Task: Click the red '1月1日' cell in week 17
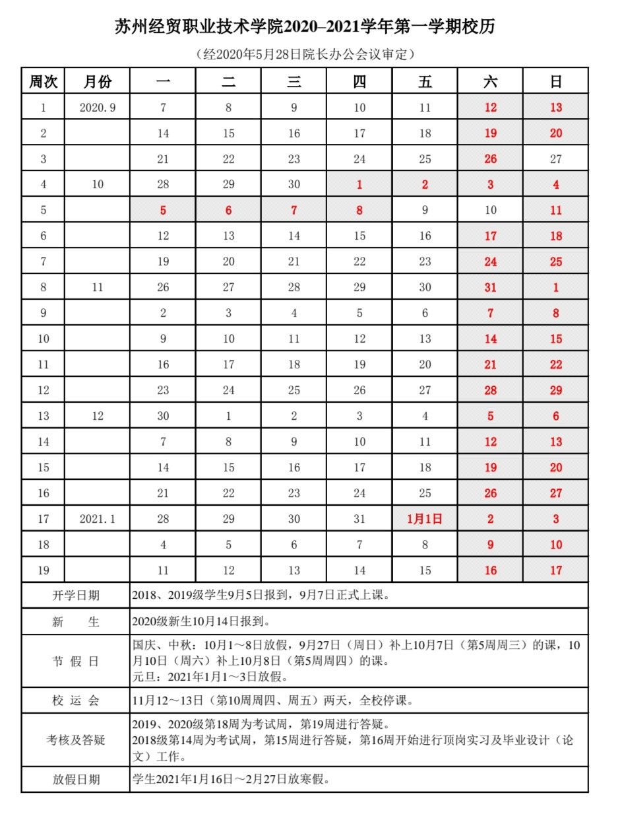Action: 425,519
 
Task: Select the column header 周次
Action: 44,81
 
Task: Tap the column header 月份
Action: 98,81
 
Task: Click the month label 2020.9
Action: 98,108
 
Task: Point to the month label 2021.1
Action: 98,520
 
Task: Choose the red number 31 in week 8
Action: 490,288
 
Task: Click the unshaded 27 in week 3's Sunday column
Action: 555,159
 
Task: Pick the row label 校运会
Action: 76,700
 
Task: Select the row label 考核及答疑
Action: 76,739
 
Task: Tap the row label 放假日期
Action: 76,779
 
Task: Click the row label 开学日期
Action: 76,596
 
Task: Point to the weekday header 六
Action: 490,81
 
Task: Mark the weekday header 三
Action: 294,81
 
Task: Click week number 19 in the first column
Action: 44,570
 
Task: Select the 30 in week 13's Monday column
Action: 163,417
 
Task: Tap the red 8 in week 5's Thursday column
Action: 359,211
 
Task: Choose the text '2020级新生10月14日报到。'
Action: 201,621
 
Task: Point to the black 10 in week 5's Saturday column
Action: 490,211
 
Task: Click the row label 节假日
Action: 76,661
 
